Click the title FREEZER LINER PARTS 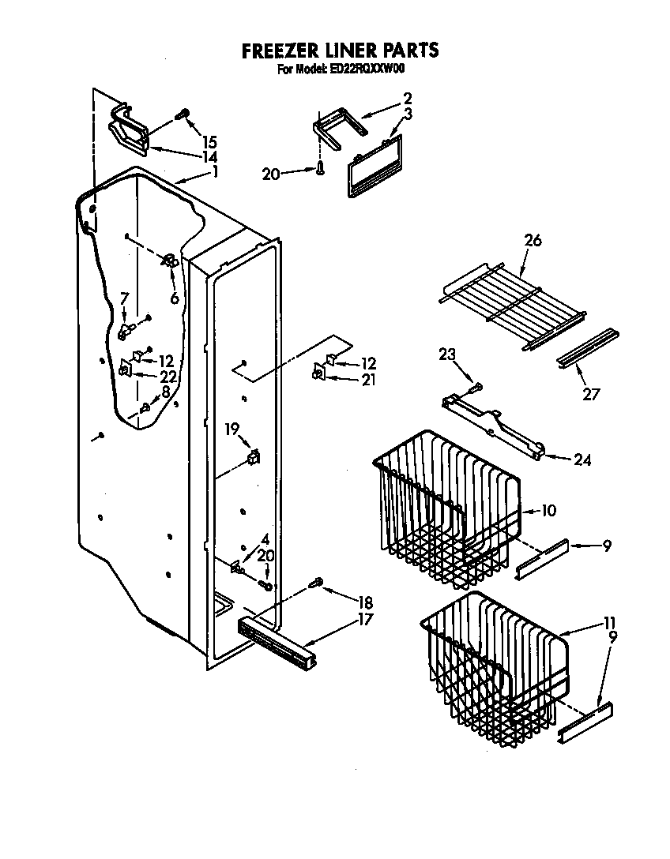click(x=339, y=51)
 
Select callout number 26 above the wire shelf click(x=533, y=241)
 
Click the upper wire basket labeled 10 click(x=446, y=513)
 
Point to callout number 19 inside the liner click(x=231, y=429)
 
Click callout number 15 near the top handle click(x=209, y=142)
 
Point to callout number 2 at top click(x=407, y=99)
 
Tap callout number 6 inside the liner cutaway click(x=174, y=298)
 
